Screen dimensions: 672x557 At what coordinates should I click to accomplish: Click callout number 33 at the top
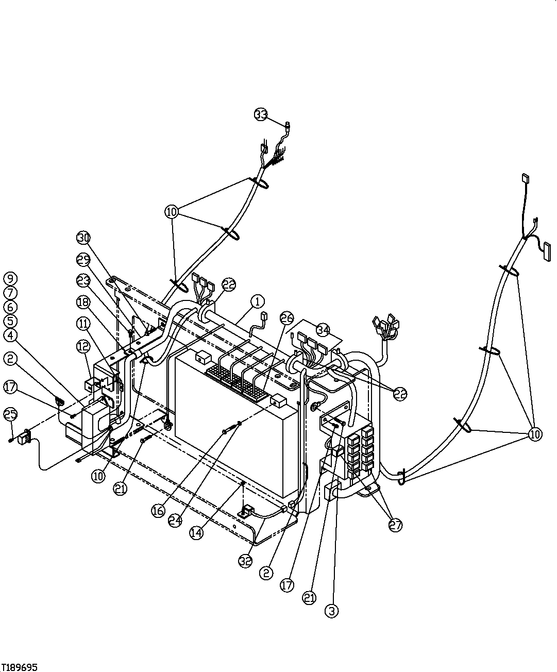click(x=261, y=114)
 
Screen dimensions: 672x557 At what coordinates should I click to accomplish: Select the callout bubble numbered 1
click(x=258, y=301)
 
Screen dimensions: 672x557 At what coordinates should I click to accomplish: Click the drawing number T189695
click(x=20, y=666)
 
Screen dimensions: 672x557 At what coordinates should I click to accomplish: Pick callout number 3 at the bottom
click(x=332, y=611)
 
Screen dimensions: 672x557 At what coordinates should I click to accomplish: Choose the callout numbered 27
click(x=396, y=525)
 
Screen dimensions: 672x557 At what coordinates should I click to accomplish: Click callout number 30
click(x=83, y=238)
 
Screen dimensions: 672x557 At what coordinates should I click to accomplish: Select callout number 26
click(x=287, y=317)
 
